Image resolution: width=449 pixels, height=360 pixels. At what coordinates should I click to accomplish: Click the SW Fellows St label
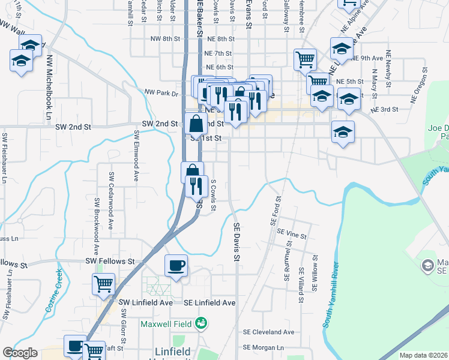pos(109,262)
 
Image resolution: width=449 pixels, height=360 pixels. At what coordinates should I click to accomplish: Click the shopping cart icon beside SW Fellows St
pos(103,284)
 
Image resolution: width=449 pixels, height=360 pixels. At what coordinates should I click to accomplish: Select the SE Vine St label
pos(289,236)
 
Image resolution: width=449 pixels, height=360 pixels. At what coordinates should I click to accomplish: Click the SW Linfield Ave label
pos(148,303)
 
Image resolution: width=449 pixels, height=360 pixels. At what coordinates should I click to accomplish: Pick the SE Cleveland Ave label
pos(268,332)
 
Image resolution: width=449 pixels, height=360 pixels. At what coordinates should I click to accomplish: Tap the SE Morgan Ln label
pos(264,347)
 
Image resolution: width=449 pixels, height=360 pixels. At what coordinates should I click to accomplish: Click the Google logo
pos(20,353)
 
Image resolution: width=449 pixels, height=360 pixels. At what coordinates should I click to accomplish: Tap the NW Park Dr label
pos(161,93)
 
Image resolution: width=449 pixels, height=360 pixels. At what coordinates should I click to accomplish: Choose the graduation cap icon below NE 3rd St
pos(343,132)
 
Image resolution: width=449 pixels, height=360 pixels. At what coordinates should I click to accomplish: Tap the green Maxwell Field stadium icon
pos(202,324)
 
